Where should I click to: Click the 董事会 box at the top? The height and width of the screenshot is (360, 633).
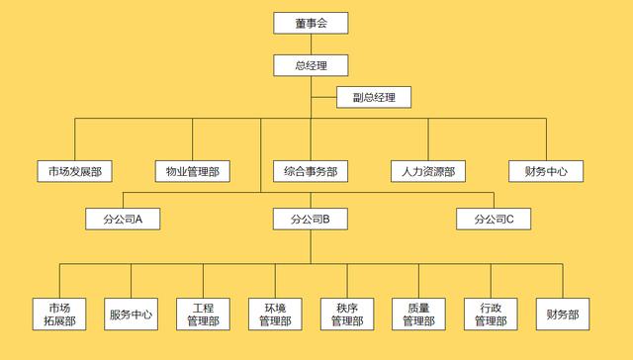tap(311, 23)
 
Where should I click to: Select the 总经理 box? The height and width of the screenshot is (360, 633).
tap(311, 66)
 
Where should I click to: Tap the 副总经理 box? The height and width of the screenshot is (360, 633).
tap(373, 98)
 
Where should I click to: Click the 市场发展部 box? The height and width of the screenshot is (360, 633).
tap(74, 171)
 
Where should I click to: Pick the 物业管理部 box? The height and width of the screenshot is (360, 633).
tap(192, 171)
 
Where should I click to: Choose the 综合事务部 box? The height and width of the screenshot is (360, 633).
tap(311, 171)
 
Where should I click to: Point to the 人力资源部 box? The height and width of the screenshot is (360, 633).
tap(428, 171)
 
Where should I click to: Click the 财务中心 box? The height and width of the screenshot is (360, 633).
tap(546, 171)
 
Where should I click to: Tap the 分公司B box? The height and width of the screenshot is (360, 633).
tap(311, 219)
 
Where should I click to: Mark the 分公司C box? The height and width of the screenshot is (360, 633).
tap(494, 219)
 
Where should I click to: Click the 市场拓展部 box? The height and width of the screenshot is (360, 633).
tap(59, 314)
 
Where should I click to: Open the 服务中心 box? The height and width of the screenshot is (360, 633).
tap(132, 314)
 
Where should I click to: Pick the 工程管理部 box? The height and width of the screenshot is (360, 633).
tap(203, 314)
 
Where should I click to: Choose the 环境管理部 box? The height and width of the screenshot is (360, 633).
tap(275, 314)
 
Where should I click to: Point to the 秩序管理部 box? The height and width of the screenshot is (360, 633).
tap(347, 314)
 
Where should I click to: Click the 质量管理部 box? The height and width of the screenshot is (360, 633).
tap(419, 314)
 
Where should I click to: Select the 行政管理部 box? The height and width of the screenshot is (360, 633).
tap(492, 314)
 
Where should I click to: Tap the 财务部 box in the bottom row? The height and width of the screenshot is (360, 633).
tap(563, 314)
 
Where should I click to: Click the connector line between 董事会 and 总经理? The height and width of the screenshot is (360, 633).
tap(311, 45)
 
